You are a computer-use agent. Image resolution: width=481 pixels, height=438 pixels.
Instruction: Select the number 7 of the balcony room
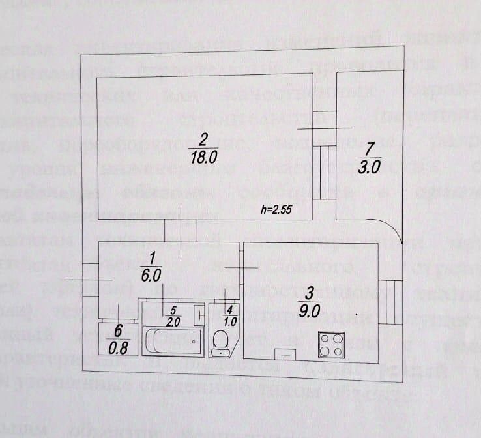tap(370, 147)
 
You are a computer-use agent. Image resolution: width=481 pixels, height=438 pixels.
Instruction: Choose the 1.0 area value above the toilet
tap(229, 321)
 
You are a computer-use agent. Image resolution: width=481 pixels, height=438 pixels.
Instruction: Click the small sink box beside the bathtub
tap(199, 316)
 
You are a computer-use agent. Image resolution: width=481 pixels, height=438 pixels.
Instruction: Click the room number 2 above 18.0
tap(204, 139)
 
